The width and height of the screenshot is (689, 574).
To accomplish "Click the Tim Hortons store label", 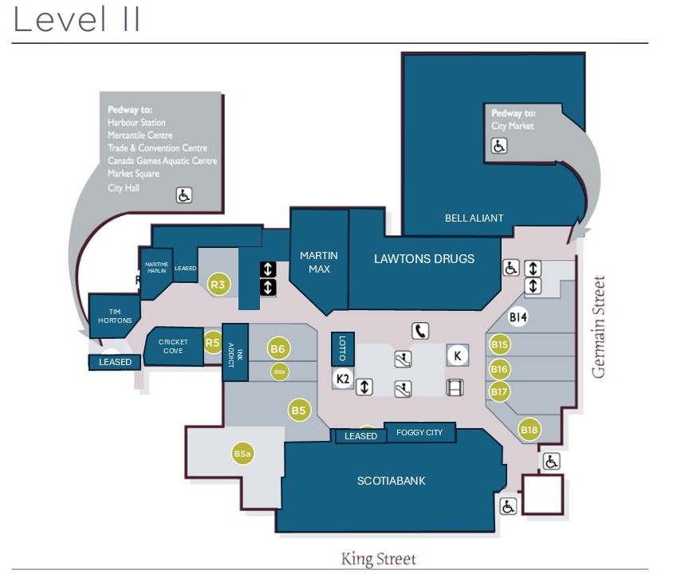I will click(115, 315).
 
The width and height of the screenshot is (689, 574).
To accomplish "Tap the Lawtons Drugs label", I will click(424, 258).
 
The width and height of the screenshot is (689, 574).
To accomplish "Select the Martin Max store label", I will click(318, 262).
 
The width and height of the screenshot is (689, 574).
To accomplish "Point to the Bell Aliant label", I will click(474, 218).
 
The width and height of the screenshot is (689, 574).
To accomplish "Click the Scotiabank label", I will click(391, 481).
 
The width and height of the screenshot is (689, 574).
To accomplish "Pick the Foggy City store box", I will click(419, 433).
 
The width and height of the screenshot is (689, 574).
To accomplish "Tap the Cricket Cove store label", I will click(173, 347).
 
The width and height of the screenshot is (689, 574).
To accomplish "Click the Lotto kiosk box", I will click(343, 348).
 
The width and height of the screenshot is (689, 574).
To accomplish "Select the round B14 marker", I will click(519, 317).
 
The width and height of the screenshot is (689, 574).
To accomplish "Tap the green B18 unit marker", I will click(530, 430).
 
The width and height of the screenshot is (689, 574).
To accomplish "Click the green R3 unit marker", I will click(219, 283).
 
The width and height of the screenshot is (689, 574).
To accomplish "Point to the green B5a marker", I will click(242, 454).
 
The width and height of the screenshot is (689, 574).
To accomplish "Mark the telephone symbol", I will click(420, 331).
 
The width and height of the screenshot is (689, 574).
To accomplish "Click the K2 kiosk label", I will click(343, 378).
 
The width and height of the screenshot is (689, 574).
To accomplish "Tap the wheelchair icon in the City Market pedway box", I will click(499, 146).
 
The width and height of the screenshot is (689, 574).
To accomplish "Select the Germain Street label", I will click(600, 327).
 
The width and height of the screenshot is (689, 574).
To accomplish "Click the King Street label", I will click(378, 558).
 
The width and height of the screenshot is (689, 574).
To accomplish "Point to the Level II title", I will click(77, 20).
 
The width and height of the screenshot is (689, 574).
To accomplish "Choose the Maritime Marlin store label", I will click(156, 268).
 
